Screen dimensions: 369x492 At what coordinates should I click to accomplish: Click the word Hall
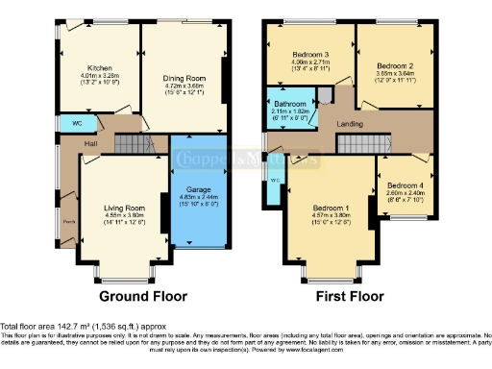point(90,144)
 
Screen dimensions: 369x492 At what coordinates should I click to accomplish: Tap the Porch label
point(68,221)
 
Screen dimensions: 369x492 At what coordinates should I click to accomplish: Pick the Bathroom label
point(289,103)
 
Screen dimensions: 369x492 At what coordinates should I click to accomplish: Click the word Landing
point(348,123)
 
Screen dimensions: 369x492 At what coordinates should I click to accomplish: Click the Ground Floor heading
point(142,296)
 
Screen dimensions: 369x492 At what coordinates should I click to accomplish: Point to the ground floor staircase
point(129,144)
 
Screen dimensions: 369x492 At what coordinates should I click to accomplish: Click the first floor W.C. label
point(275,180)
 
